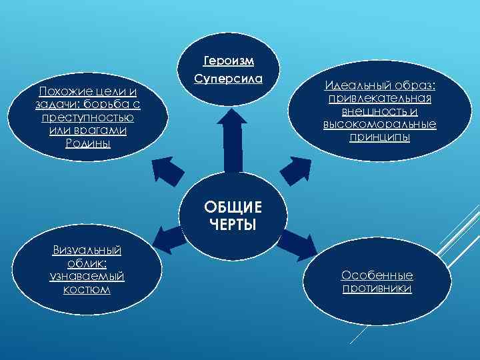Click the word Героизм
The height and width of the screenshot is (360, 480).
coord(229,62)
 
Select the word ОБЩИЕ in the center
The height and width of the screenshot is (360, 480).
coord(233,207)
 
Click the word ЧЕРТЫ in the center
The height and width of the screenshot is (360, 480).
coord(233,223)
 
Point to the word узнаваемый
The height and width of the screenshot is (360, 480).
coord(87,276)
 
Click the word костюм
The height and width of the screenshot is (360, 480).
coord(87,289)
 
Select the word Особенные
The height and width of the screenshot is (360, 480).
coord(377,275)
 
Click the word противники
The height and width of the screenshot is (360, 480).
coord(377,289)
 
